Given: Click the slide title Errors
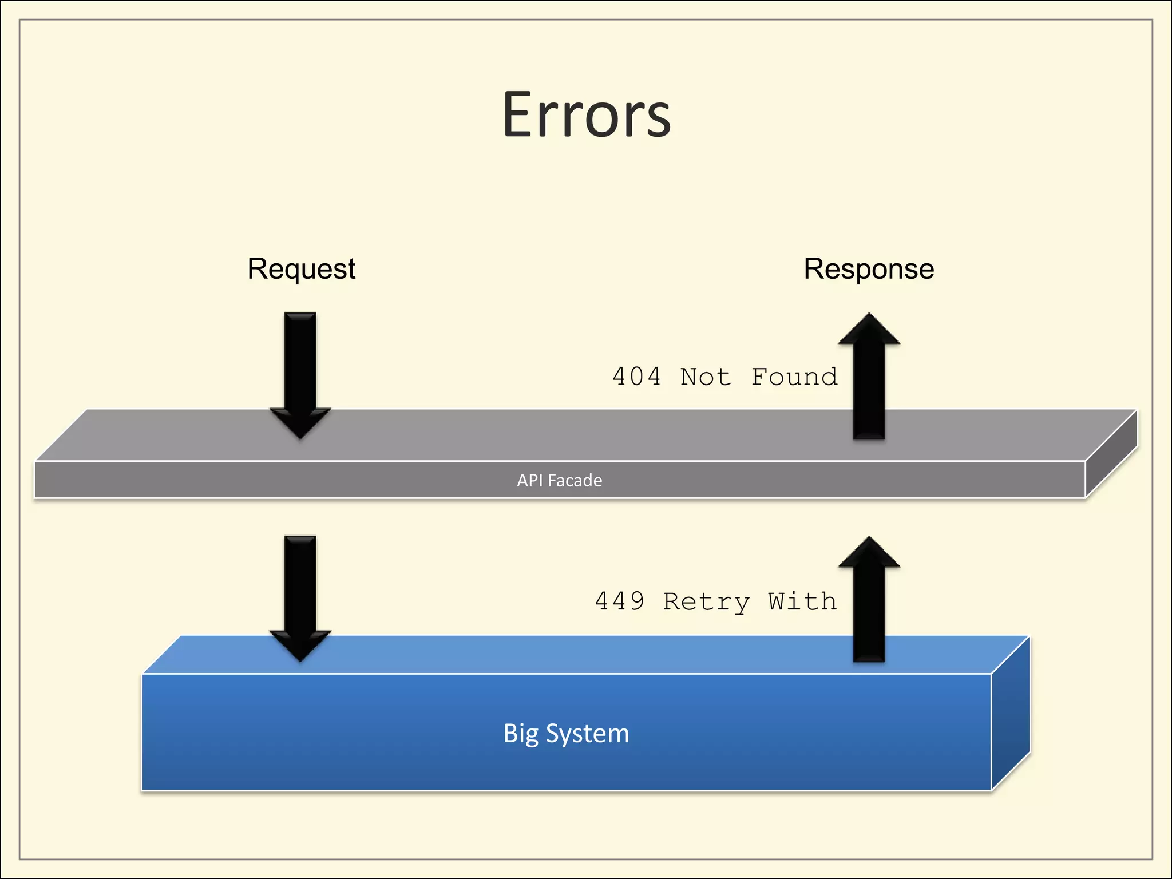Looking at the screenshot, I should coord(586,116).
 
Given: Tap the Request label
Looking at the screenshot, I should coord(301,269).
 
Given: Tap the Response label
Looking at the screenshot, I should coord(869,269).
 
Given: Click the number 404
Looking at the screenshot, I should coord(636,377).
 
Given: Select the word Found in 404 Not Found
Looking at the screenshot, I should coord(794,377).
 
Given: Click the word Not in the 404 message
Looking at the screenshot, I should coord(706,377).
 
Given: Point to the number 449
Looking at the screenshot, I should coord(619,601).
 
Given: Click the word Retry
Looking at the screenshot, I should coord(706,603).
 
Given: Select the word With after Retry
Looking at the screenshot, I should coord(802,601).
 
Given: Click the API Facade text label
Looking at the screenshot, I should coord(559,480).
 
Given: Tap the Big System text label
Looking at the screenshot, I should coord(566,734).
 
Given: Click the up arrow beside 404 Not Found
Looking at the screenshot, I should coord(869,378).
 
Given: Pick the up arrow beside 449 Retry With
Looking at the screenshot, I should coord(869,601).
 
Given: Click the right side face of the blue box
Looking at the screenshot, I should coord(1011,715).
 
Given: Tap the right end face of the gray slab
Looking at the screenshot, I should coord(1111,455).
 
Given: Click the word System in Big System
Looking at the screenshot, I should coord(587,734).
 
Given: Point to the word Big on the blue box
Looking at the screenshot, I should coord(520,734).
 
